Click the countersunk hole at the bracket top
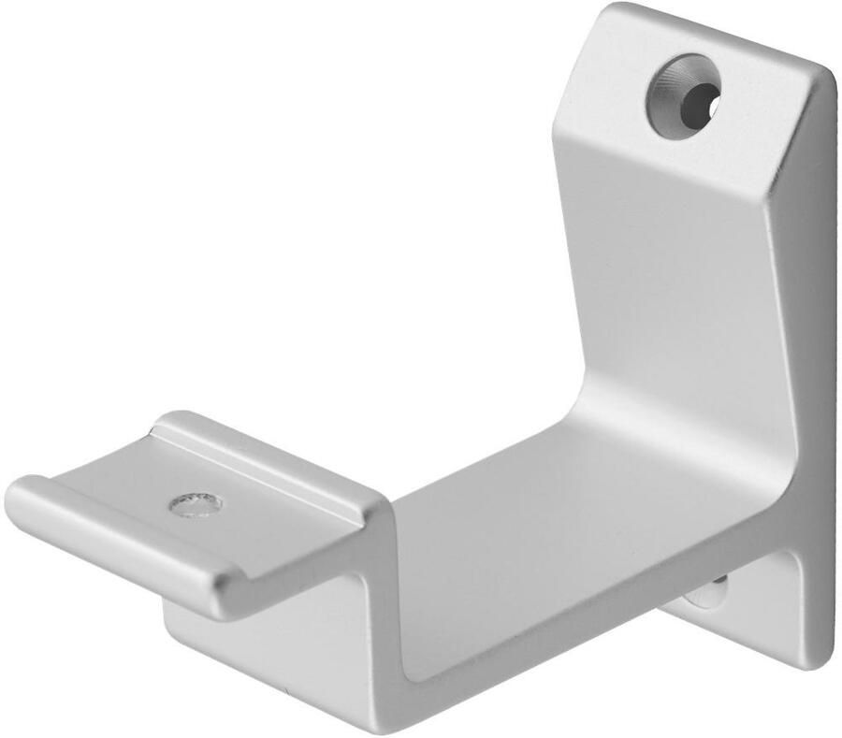pyautogui.click(x=682, y=96)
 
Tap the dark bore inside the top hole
pyautogui.click(x=697, y=101)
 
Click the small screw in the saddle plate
pyautogui.click(x=196, y=504)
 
